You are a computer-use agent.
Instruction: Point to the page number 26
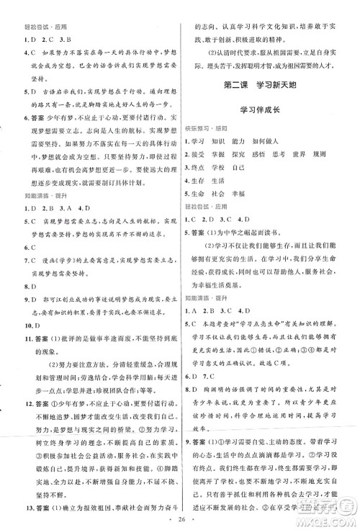pyautogui.click(x=179, y=519)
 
